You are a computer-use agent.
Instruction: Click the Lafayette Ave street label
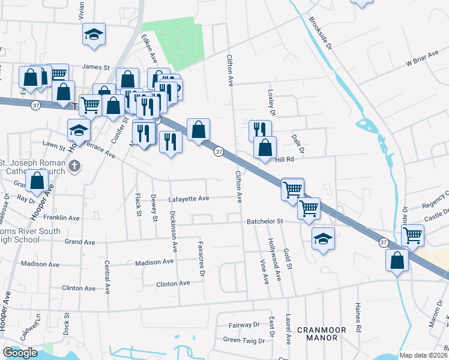click(x=188, y=199)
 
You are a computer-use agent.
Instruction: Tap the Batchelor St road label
click(x=265, y=221)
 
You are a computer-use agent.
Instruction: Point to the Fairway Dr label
click(x=244, y=325)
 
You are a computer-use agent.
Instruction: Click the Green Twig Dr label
click(x=241, y=340)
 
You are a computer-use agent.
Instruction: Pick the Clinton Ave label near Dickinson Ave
click(x=173, y=283)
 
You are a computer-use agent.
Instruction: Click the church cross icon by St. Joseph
click(x=74, y=166)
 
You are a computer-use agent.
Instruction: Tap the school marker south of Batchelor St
click(x=323, y=239)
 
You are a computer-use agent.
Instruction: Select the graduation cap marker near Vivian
click(x=94, y=34)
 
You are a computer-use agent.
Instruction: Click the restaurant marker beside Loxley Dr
click(x=260, y=130)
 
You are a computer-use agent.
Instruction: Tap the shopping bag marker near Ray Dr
click(x=37, y=181)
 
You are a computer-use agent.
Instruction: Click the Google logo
click(x=20, y=353)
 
